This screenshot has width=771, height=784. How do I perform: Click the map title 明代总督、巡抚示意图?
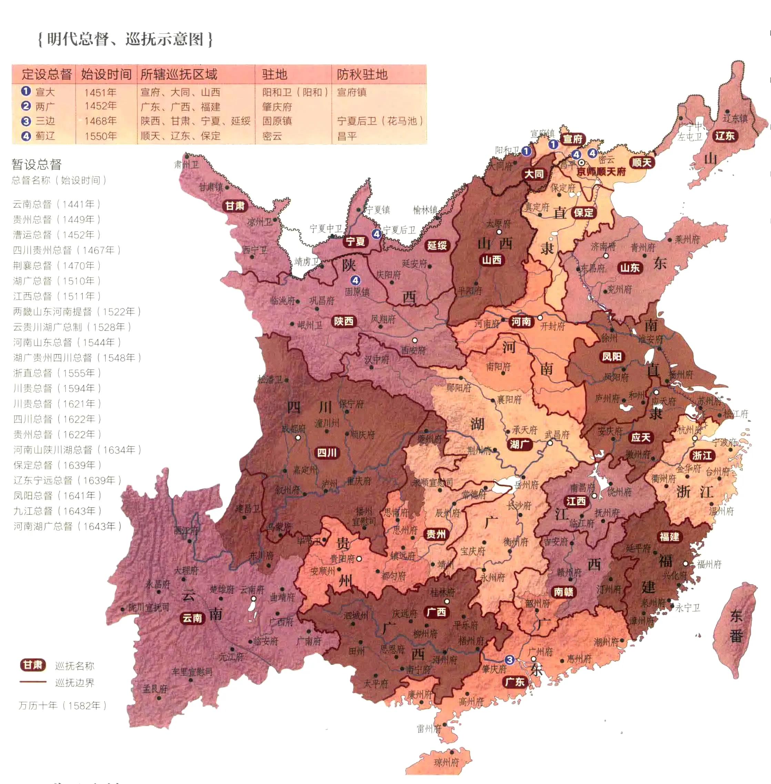coord(125,39)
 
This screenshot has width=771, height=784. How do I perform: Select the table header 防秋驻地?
coord(362,74)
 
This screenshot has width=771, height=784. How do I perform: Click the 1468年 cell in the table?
coord(100,121)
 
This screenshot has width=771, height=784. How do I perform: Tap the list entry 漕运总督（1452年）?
coord(56,235)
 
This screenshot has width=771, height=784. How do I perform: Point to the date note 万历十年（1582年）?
coord(62,705)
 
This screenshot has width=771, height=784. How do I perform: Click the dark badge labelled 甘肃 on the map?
coord(235,206)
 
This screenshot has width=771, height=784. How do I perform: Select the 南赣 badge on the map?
coord(563,592)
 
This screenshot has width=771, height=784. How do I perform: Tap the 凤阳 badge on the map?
coord(611,356)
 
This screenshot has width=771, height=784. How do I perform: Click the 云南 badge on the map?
coord(192,618)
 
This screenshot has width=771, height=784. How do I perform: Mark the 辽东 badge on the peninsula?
coord(724,136)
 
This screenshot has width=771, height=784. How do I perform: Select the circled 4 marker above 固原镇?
coord(355,280)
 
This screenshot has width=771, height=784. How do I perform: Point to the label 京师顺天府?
coord(601,171)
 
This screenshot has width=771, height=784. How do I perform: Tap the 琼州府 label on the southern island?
coord(446,763)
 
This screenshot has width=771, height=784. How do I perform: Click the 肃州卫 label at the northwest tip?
coord(186,164)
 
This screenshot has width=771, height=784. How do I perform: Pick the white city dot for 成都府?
coord(298,438)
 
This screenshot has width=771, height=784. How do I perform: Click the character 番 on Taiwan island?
coord(736,636)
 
